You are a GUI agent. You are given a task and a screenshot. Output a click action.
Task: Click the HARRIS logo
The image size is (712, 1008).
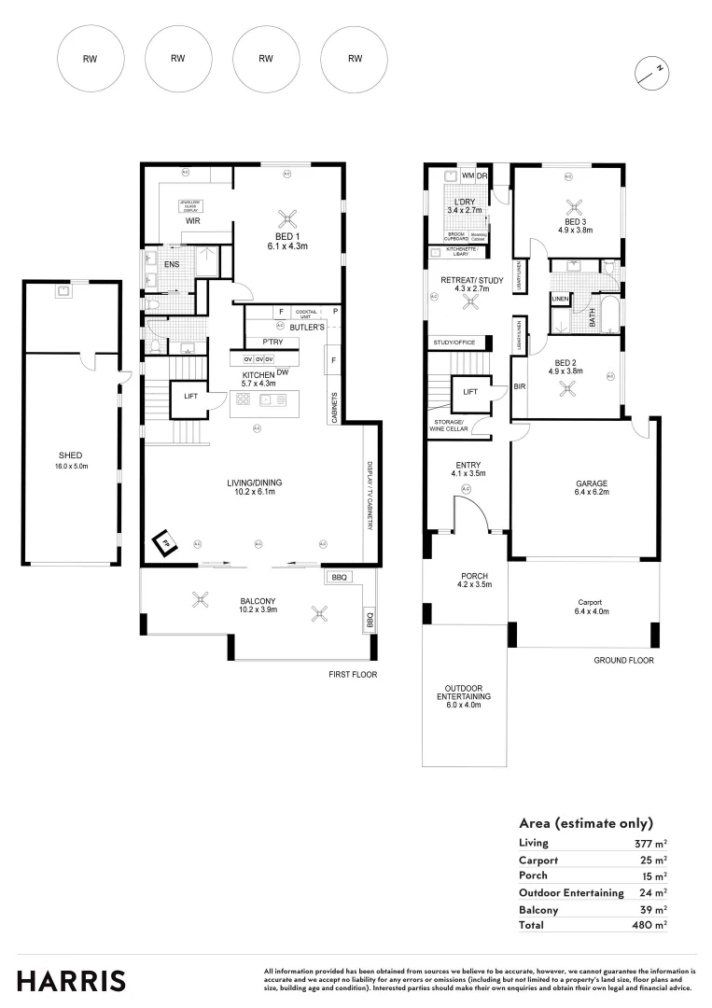click(x=72, y=981)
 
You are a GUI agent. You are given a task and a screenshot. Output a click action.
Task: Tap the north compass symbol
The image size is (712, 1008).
click(x=652, y=72)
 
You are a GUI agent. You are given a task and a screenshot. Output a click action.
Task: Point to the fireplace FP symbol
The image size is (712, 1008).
click(x=165, y=541)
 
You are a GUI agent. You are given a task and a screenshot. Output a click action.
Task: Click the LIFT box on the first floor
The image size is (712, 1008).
click(x=190, y=397)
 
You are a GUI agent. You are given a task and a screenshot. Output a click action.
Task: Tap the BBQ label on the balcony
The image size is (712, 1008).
click(x=339, y=578)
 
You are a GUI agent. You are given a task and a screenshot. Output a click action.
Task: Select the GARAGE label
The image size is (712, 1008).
click(x=586, y=483)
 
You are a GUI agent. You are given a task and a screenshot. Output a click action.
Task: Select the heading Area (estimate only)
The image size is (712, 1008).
click(x=585, y=823)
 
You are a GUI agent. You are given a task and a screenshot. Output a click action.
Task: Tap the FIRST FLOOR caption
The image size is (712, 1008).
click(x=354, y=674)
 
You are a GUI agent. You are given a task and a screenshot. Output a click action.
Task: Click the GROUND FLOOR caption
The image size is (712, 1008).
click(x=623, y=660)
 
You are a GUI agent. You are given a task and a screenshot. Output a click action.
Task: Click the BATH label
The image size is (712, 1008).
click(x=592, y=320)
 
